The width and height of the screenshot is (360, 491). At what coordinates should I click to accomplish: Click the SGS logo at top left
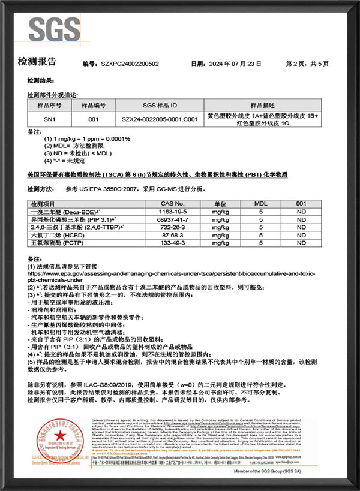[x=54, y=29]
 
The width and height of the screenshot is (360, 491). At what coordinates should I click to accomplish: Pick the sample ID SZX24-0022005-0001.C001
[x=158, y=119]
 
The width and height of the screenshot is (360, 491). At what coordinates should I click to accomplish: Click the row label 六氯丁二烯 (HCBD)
[x=59, y=236]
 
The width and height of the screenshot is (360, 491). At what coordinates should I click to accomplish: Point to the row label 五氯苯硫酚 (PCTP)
[x=59, y=243]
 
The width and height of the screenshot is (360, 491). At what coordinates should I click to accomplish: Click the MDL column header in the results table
[x=261, y=204]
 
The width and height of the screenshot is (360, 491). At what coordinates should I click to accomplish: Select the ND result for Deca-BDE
[x=301, y=212]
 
